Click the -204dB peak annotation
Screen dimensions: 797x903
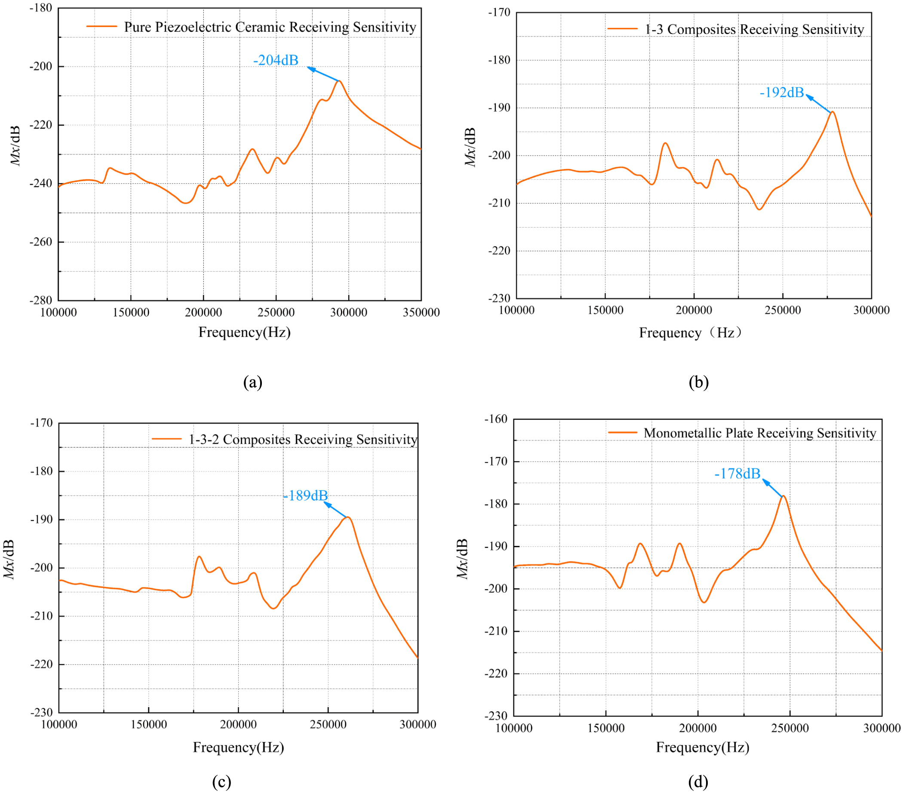(x=276, y=60)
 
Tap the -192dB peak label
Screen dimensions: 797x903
(x=781, y=92)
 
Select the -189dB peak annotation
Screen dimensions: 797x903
(x=306, y=495)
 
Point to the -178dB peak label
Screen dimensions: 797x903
(x=737, y=474)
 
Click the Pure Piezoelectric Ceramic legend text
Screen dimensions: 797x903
(x=270, y=28)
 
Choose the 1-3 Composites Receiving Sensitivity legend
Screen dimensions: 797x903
(x=754, y=30)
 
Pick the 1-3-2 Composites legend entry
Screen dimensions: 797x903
(x=303, y=440)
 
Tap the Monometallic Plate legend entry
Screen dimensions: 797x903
(x=759, y=433)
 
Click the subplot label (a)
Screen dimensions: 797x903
(x=253, y=382)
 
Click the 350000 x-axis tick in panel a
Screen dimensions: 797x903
(x=421, y=312)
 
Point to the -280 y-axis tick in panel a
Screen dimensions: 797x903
(x=41, y=300)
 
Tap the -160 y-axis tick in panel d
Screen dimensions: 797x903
(x=496, y=419)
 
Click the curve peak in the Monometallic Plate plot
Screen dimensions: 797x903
(x=783, y=496)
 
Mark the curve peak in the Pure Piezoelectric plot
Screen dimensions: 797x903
(x=339, y=81)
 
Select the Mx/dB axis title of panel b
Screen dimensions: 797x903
(x=470, y=147)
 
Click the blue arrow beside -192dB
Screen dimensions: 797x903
(x=818, y=103)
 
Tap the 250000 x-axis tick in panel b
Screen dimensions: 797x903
(x=783, y=310)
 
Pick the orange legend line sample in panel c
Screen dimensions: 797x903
(x=166, y=439)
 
